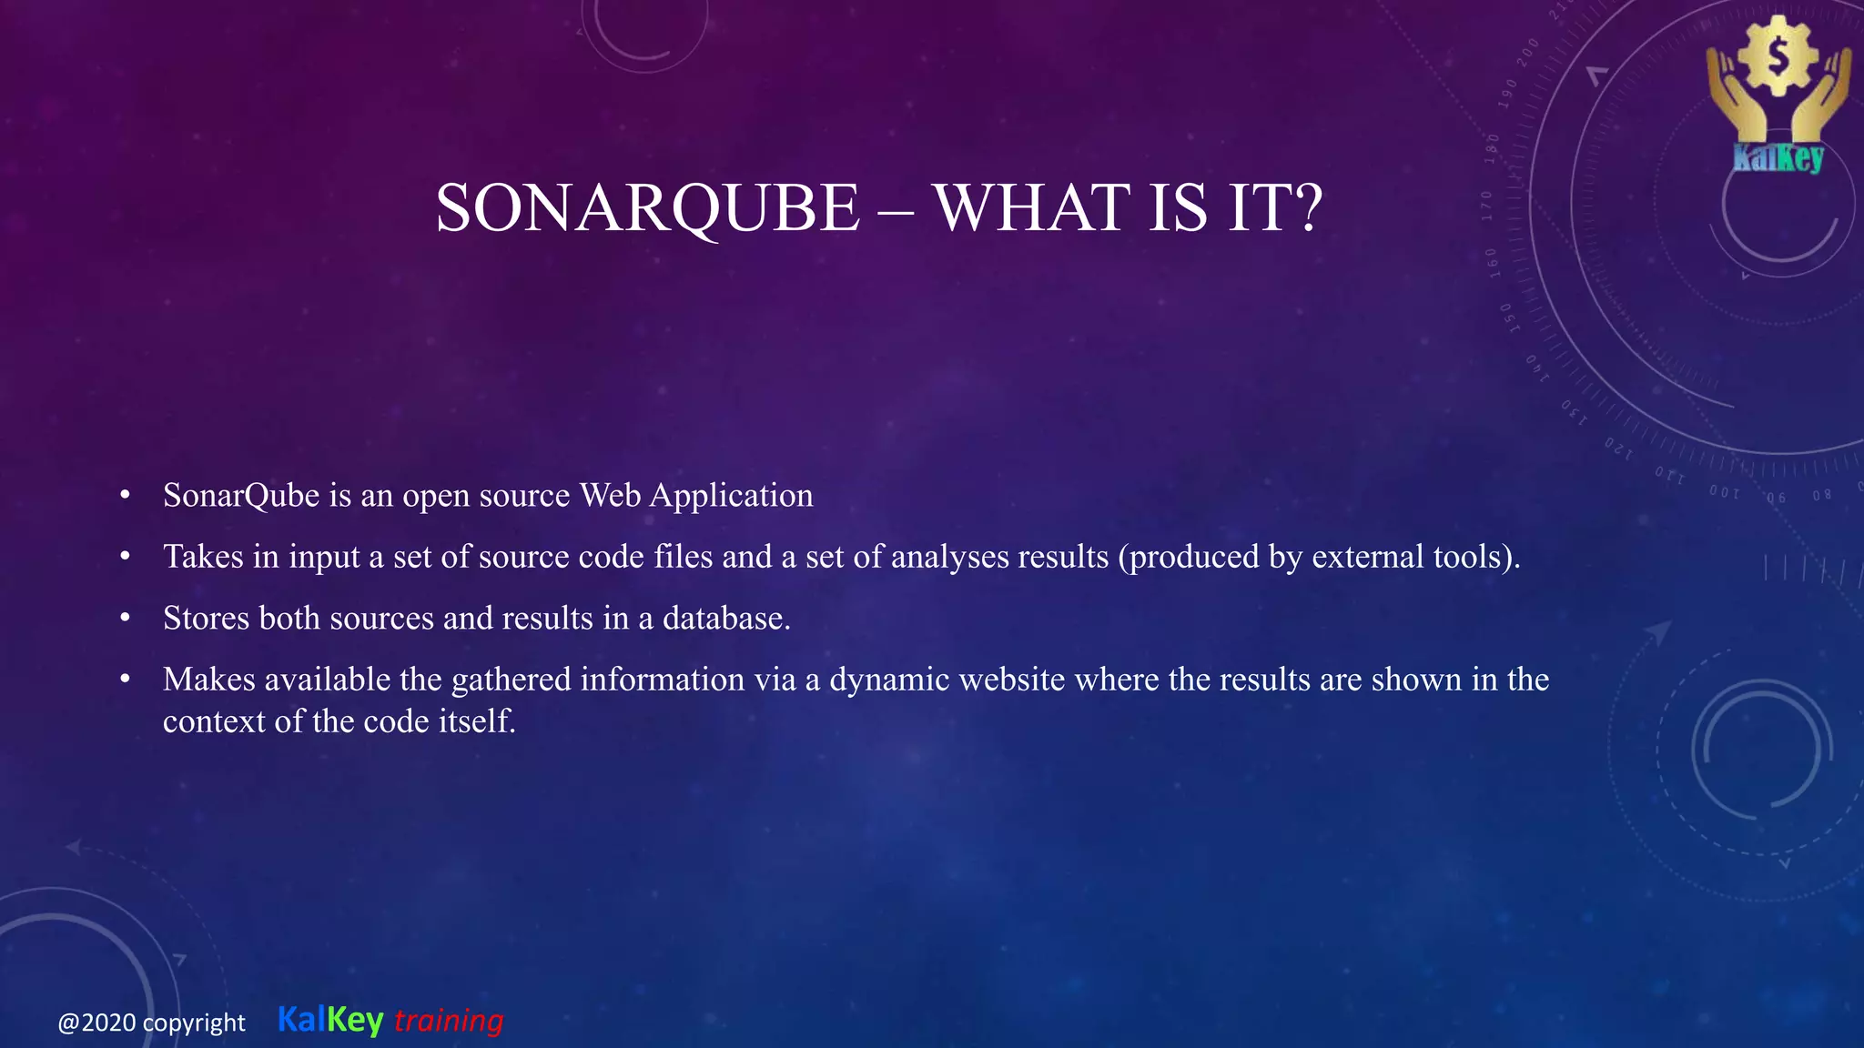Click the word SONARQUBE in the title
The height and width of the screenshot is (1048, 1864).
pyautogui.click(x=647, y=208)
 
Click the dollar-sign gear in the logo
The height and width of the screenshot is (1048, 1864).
pyautogui.click(x=1778, y=56)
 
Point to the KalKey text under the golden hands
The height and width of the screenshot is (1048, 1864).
pyautogui.click(x=1778, y=158)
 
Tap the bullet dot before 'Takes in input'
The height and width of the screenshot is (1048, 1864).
pyautogui.click(x=126, y=556)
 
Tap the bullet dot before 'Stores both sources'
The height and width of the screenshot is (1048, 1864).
pyautogui.click(x=126, y=618)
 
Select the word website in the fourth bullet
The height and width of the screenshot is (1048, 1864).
pyautogui.click(x=1011, y=680)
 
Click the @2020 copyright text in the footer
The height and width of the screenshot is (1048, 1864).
pyautogui.click(x=151, y=1023)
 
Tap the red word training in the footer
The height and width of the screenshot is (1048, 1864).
pyautogui.click(x=449, y=1021)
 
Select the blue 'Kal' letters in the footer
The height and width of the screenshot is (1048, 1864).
pyautogui.click(x=301, y=1020)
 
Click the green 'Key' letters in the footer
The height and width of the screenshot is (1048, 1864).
pyautogui.click(x=355, y=1021)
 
